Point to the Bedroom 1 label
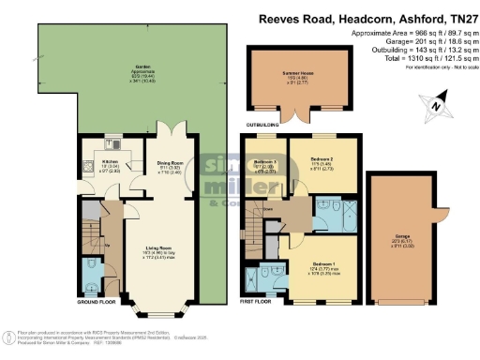coord(324,270)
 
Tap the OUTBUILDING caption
coord(262,120)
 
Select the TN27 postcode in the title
coord(457,19)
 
